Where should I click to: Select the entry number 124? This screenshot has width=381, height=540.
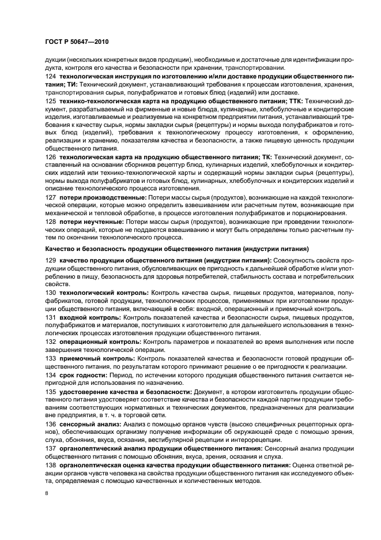pos(50,76)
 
